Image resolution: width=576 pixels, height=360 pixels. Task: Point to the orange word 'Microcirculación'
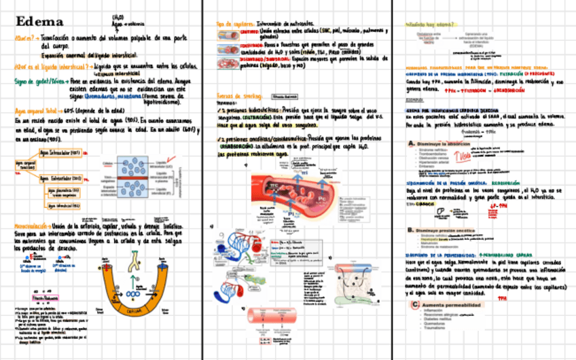click(33, 224)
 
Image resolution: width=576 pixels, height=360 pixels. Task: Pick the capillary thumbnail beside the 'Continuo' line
click(227, 33)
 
